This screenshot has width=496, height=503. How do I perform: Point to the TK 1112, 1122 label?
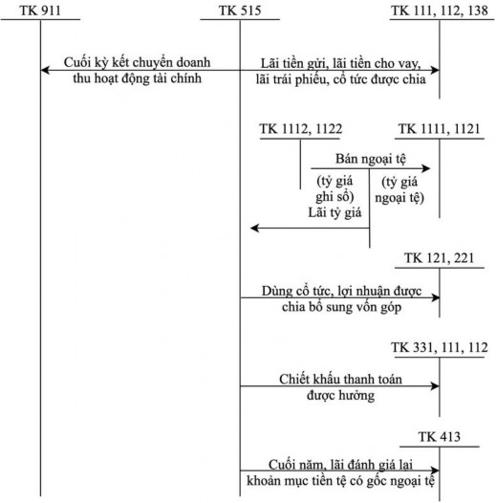click(x=301, y=128)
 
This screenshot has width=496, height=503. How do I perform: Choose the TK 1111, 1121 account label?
click(x=439, y=128)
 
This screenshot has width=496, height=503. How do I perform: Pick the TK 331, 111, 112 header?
click(x=439, y=343)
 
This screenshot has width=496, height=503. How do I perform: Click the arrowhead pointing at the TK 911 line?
click(x=45, y=70)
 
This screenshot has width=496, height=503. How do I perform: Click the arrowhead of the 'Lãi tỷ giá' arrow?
click(x=253, y=229)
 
